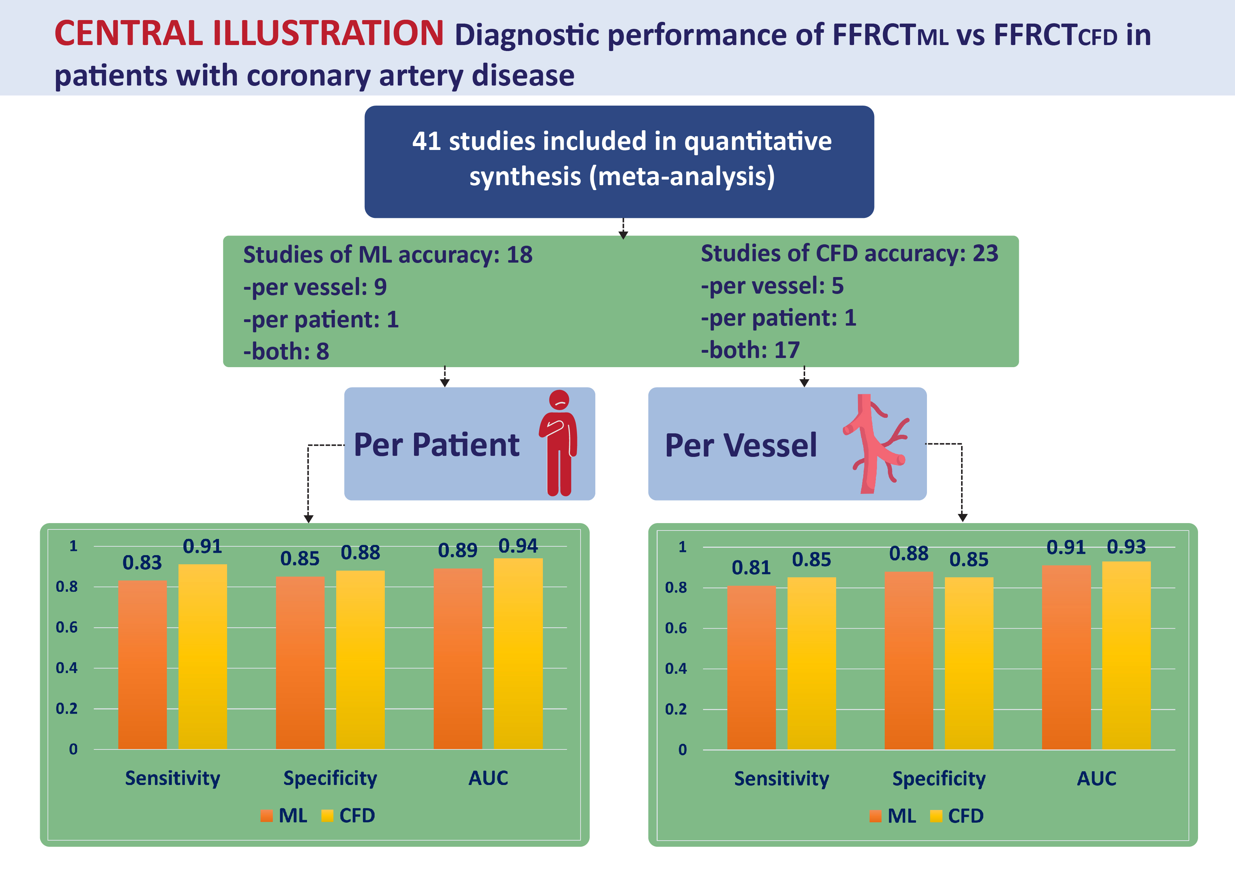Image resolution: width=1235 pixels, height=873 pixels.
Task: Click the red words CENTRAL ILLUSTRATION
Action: pos(249,33)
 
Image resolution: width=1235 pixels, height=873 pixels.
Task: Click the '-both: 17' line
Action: pos(750,350)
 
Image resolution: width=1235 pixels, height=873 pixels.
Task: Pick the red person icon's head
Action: pos(559,400)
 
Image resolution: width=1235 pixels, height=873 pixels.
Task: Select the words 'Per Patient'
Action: pos(436,445)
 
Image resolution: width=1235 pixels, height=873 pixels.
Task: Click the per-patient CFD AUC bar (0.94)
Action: pos(518,654)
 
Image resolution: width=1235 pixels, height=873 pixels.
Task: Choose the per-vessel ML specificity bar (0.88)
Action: pos(909,660)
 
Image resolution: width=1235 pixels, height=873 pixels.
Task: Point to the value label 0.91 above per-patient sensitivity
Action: pos(202,546)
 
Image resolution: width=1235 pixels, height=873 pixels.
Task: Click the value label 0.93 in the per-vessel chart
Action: pos(1126,547)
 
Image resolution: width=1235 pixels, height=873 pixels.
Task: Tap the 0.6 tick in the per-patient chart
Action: pos(67,627)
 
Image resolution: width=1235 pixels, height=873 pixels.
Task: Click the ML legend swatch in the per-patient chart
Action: pos(266,816)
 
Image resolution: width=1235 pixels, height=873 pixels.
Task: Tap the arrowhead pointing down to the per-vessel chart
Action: pos(962,517)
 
